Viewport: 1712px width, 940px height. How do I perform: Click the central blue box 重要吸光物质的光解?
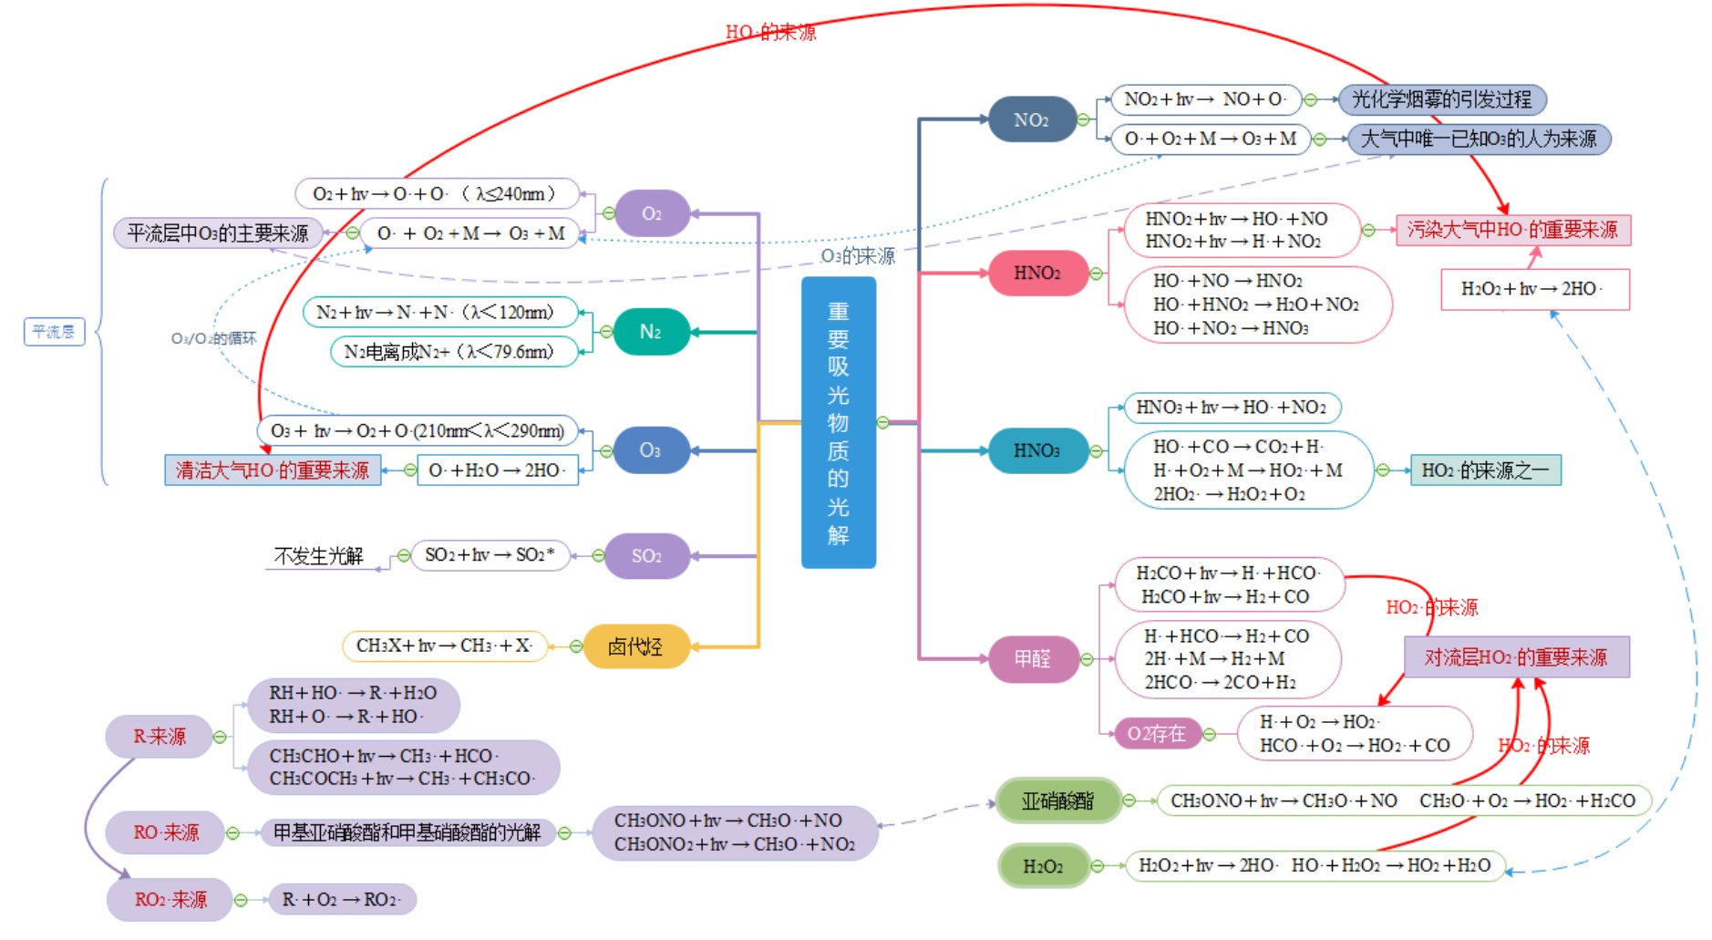point(838,422)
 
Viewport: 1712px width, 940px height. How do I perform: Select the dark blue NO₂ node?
point(1031,119)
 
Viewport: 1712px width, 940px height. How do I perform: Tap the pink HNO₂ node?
point(1037,273)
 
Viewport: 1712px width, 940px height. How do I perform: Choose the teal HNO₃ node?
point(1036,450)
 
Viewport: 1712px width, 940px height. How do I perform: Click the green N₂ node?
point(650,332)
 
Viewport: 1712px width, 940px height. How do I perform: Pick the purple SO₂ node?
point(646,555)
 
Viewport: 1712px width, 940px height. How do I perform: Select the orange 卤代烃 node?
point(634,646)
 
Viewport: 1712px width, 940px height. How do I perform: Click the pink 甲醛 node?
point(1033,658)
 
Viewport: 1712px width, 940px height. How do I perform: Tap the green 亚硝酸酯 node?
point(1057,801)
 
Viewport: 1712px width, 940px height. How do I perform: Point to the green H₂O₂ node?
point(1043,866)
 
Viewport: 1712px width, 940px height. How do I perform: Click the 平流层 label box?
point(54,332)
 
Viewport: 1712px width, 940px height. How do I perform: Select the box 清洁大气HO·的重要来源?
point(273,470)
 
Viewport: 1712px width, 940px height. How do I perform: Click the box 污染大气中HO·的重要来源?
point(1512,230)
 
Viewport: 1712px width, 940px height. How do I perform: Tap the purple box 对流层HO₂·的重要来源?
point(1515,657)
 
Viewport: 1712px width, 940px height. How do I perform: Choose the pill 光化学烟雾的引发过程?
point(1441,99)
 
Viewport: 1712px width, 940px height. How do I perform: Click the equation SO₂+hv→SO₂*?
point(490,555)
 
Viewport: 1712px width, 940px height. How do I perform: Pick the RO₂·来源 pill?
point(170,900)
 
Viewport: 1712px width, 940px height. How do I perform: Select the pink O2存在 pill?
point(1156,734)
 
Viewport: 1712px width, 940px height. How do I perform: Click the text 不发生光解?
point(318,556)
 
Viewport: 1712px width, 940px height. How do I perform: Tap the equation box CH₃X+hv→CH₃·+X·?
point(444,646)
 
